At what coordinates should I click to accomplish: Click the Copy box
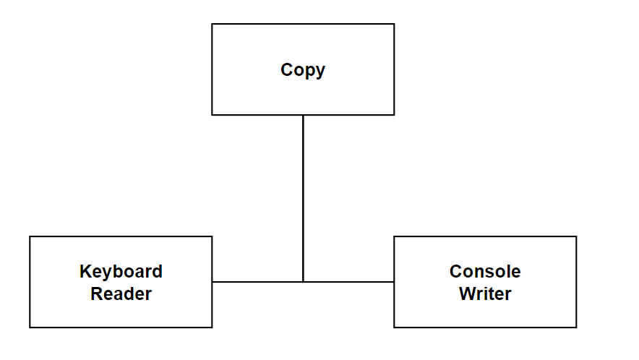click(303, 69)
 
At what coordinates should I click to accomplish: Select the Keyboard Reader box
click(121, 282)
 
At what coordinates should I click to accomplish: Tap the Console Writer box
click(485, 282)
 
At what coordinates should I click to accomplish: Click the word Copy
click(303, 70)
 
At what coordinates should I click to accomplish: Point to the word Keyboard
click(121, 272)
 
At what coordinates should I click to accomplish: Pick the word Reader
click(121, 293)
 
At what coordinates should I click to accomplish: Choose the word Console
click(485, 272)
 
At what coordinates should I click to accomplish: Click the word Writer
click(485, 293)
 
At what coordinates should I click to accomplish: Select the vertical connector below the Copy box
click(303, 199)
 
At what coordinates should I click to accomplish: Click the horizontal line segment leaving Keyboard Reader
click(257, 282)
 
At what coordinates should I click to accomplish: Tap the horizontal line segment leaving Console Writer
click(348, 282)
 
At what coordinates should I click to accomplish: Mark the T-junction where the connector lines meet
click(303, 282)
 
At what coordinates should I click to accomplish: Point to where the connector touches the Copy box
click(303, 116)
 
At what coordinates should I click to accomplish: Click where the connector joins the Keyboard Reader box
click(213, 282)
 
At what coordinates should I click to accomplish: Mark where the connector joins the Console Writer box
click(394, 282)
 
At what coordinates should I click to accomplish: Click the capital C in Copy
click(286, 69)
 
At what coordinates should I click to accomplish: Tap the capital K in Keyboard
click(86, 272)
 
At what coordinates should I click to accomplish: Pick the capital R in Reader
click(97, 293)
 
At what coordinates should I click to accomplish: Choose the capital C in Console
click(455, 272)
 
